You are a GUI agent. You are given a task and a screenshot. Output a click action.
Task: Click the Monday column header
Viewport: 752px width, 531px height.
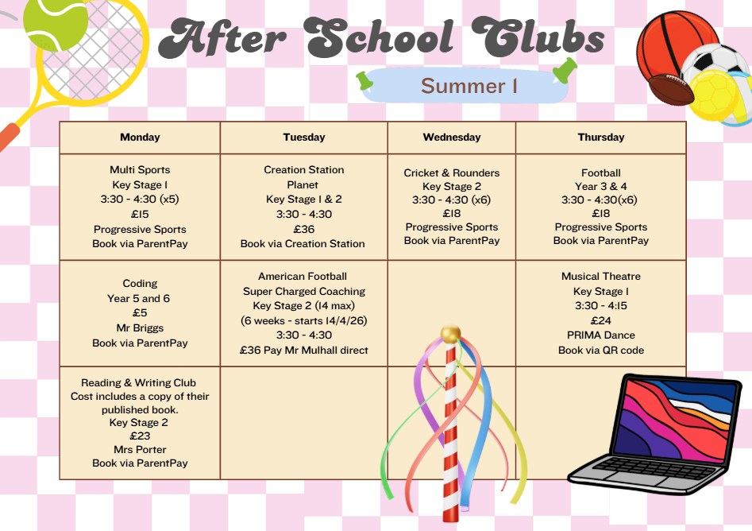[x=140, y=138]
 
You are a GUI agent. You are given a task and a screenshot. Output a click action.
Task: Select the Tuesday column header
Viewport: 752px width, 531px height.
[x=304, y=138]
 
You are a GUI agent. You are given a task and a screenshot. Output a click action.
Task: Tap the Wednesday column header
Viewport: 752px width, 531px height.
[x=452, y=138]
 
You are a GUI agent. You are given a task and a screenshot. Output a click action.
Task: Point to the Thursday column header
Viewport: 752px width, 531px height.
[x=601, y=138]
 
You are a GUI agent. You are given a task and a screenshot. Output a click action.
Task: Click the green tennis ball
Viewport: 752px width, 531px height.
[x=55, y=23]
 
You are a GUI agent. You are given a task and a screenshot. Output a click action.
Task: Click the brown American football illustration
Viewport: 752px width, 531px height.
[x=670, y=89]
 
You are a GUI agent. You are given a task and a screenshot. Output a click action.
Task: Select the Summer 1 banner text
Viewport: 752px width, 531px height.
[x=469, y=86]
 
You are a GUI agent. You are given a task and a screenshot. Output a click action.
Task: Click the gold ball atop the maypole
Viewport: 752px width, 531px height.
[x=450, y=334]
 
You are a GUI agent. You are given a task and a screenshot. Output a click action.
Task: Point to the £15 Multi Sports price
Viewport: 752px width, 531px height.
[x=140, y=214]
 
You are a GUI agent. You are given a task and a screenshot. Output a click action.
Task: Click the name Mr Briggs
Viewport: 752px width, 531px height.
[x=140, y=328]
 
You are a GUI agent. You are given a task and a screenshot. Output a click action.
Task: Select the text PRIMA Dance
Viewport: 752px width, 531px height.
[x=601, y=335]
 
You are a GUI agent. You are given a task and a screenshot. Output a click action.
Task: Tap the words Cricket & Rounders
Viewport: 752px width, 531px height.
[x=452, y=172]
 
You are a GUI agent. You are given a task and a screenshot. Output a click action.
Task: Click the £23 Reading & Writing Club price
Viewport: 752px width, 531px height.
[x=140, y=436]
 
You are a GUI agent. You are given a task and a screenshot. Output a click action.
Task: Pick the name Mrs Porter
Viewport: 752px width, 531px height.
[x=140, y=449]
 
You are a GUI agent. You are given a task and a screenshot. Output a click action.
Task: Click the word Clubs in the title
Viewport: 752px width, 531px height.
[x=538, y=37]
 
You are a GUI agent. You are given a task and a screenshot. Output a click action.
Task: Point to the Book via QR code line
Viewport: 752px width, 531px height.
[x=601, y=351]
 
